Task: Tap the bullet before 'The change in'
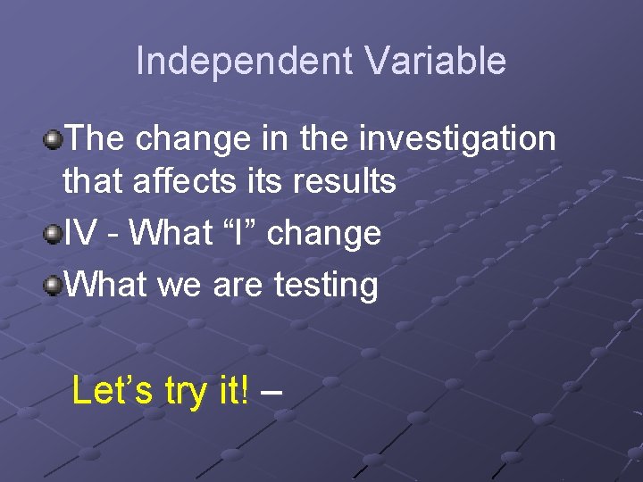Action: point(54,138)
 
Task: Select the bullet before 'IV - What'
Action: point(54,234)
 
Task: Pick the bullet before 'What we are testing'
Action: point(54,286)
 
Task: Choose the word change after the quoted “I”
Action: point(324,234)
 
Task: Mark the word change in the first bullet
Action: point(189,139)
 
